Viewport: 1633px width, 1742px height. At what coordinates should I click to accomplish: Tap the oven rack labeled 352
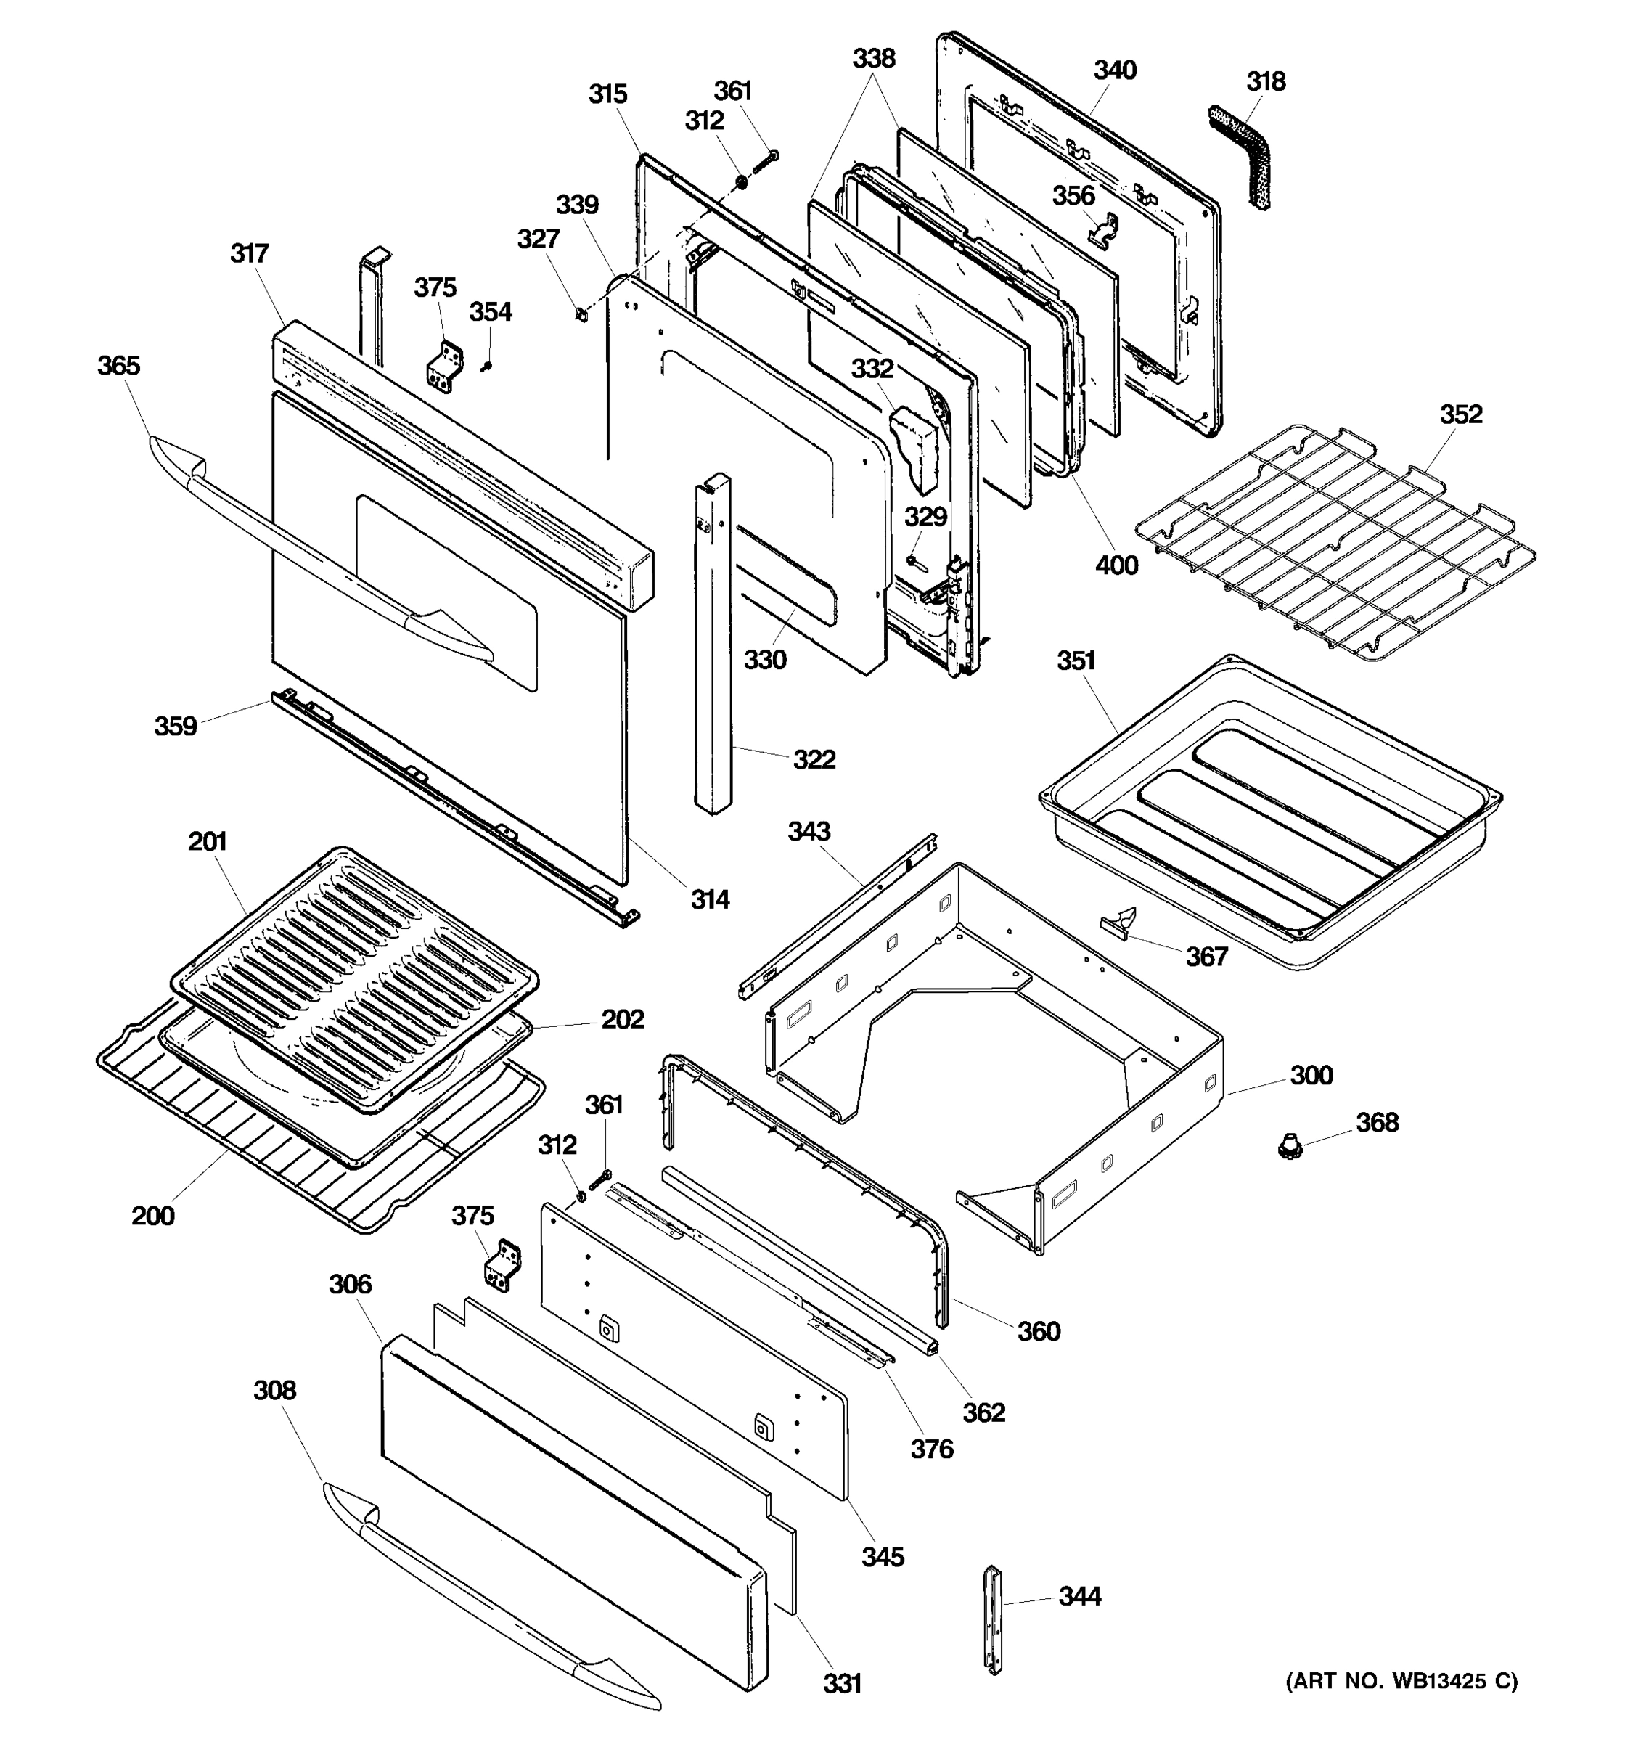coord(1332,543)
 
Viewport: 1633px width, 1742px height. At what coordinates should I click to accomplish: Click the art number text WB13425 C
coord(1401,1680)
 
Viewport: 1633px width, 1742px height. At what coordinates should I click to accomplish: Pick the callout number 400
coord(1116,565)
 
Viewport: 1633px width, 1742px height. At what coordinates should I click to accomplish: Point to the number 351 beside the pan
coord(1076,661)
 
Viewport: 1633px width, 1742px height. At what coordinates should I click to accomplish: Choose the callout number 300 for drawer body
coord(1311,1075)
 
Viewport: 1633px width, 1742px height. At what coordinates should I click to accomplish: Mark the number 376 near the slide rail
coord(931,1449)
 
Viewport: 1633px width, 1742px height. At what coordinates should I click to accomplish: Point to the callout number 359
coord(175,726)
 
